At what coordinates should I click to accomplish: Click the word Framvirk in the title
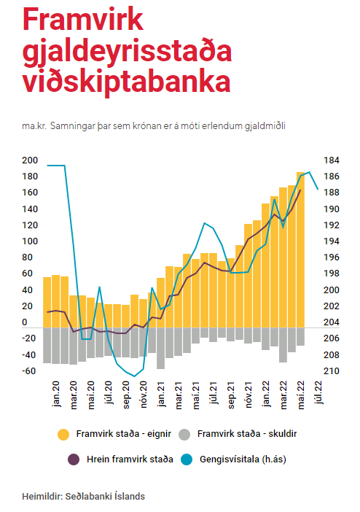(x=83, y=20)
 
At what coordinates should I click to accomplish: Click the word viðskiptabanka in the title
(x=127, y=81)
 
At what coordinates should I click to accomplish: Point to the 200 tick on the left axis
(x=30, y=160)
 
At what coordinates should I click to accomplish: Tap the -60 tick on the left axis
(x=28, y=371)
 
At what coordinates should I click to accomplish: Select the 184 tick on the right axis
(x=332, y=160)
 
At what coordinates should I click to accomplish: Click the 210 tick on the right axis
(x=332, y=371)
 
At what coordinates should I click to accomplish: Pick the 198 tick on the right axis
(x=332, y=274)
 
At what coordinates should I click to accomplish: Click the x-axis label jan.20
(x=56, y=394)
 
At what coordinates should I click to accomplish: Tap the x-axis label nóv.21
(x=249, y=395)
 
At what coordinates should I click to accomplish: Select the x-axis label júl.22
(x=318, y=392)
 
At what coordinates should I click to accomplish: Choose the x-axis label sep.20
(x=126, y=395)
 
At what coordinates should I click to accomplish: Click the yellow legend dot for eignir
(x=63, y=435)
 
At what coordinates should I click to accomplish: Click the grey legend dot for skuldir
(x=184, y=435)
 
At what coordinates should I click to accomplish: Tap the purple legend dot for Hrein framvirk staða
(x=74, y=459)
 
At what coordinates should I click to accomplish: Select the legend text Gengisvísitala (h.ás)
(x=243, y=459)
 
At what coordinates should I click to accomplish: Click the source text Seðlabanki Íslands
(x=105, y=497)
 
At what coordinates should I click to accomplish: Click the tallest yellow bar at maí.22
(x=300, y=249)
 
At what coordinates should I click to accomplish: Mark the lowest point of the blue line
(x=135, y=376)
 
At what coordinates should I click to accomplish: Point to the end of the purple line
(x=300, y=190)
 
